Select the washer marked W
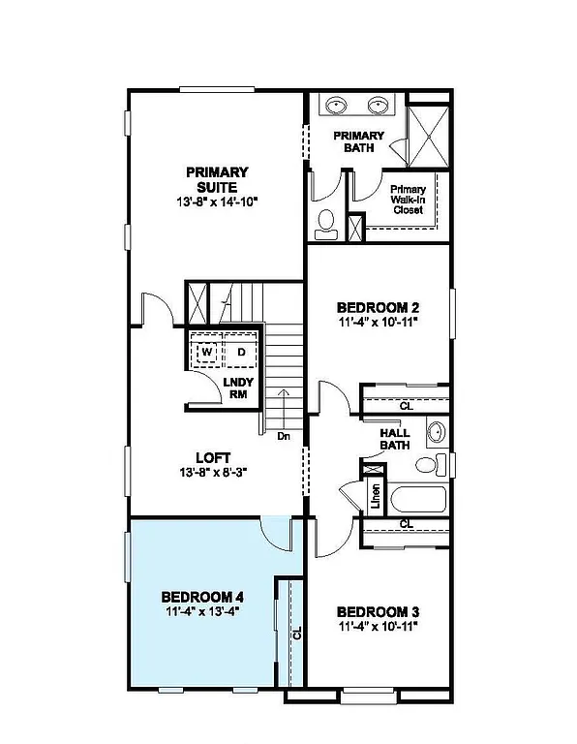pyautogui.click(x=206, y=353)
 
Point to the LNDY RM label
pyautogui.click(x=238, y=388)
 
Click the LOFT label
pyautogui.click(x=212, y=457)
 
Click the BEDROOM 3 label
pyautogui.click(x=379, y=611)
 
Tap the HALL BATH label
pyautogui.click(x=395, y=439)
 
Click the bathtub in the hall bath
pyautogui.click(x=417, y=501)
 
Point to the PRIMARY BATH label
pyautogui.click(x=359, y=141)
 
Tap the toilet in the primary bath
pyautogui.click(x=325, y=222)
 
